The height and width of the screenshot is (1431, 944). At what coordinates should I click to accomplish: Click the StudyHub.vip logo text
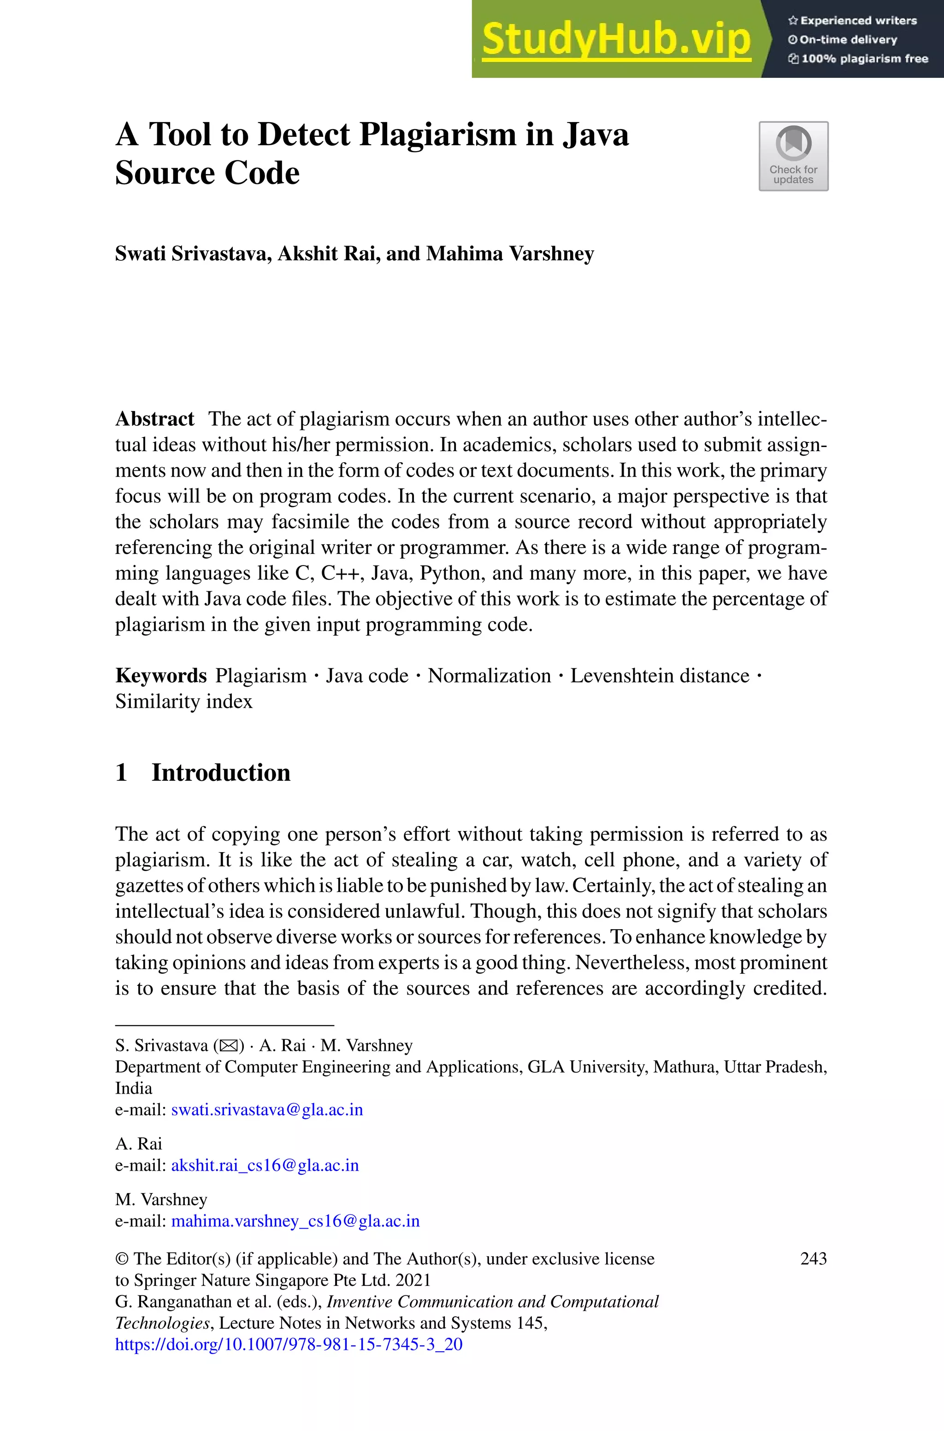tap(616, 40)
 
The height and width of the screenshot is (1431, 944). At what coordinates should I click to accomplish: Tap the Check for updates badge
tap(793, 156)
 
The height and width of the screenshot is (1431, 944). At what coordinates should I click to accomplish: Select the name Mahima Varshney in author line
tap(510, 254)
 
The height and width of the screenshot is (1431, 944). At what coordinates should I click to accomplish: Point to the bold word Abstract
tap(155, 419)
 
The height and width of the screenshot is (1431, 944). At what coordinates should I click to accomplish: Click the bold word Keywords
tap(161, 676)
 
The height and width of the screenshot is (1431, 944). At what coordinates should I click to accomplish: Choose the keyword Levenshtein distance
tap(659, 676)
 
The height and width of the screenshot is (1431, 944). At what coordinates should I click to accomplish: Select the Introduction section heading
tap(220, 773)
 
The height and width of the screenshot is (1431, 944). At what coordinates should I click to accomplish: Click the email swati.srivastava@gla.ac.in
tap(267, 1110)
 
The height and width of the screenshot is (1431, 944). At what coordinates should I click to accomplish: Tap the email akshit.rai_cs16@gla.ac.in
tap(265, 1166)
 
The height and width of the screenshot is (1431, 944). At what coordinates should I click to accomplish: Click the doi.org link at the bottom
tap(289, 1344)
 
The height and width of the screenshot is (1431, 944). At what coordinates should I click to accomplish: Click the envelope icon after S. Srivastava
tap(229, 1046)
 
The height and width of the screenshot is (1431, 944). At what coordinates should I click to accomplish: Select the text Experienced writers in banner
tap(858, 20)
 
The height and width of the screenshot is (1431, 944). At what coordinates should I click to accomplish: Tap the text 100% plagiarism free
tap(864, 59)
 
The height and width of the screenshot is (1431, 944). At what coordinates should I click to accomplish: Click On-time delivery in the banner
tap(848, 40)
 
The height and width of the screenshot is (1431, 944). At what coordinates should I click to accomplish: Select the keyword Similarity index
tap(183, 701)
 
